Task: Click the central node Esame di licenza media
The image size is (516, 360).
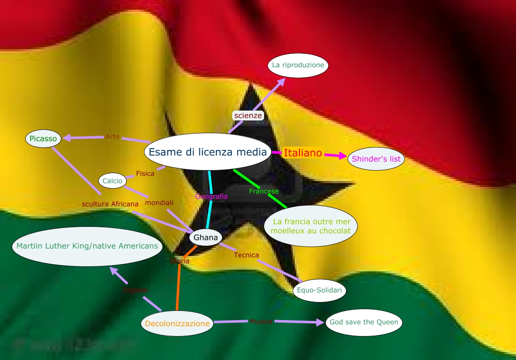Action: [x=208, y=152]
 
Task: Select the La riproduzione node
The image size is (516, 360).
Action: [x=298, y=66]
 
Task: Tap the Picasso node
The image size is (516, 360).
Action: [x=44, y=139]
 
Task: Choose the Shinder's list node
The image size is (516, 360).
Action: [x=376, y=159]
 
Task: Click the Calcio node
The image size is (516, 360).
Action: [x=113, y=181]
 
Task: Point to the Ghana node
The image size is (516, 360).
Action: [x=206, y=238]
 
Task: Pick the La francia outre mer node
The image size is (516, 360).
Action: [x=311, y=226]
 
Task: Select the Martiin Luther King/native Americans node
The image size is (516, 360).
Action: [x=87, y=246]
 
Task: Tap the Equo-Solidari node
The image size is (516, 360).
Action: [x=319, y=290]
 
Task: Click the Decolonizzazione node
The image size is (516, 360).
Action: [x=177, y=324]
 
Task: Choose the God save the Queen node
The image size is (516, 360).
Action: [x=364, y=323]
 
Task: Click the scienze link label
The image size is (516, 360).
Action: [x=248, y=116]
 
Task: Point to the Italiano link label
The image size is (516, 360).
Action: [x=303, y=153]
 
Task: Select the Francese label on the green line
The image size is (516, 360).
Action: [x=264, y=192]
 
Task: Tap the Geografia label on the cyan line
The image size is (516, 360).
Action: [x=212, y=196]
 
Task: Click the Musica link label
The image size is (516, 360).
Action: [x=261, y=321]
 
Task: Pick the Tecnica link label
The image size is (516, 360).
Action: [x=246, y=255]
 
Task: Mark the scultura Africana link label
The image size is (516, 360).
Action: [x=110, y=204]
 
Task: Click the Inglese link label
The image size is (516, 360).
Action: [x=135, y=290]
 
